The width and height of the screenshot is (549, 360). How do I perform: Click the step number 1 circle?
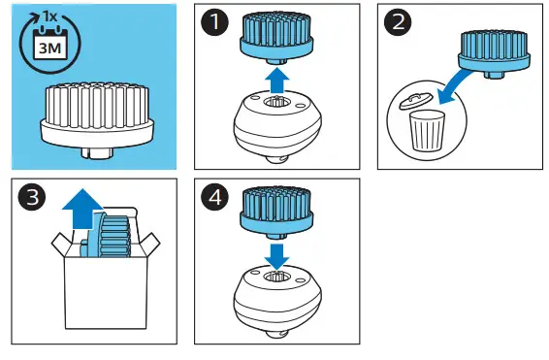[214, 21]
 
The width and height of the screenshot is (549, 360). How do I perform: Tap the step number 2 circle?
[398, 21]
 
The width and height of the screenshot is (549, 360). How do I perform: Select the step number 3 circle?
[32, 197]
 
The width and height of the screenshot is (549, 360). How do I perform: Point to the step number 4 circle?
[214, 197]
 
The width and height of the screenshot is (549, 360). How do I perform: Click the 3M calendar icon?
[49, 45]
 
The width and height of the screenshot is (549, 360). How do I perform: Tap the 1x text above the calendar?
[49, 16]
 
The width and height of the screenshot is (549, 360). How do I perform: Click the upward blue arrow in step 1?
[277, 81]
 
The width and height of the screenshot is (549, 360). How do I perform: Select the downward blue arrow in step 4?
[277, 257]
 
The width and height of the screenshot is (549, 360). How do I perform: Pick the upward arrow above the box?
[82, 209]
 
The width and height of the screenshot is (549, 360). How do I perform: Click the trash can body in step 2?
[427, 131]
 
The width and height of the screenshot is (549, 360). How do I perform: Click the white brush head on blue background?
[97, 119]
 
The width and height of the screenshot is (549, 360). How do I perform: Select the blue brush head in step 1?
[276, 37]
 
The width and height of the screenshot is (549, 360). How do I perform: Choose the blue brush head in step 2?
[495, 53]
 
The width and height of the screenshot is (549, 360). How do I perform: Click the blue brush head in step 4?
[276, 213]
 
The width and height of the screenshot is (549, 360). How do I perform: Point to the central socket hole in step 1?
[276, 103]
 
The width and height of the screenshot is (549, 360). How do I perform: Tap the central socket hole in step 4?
[276, 277]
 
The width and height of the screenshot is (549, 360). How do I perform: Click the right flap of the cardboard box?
[149, 245]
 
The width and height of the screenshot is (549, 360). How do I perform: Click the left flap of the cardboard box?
[62, 245]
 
